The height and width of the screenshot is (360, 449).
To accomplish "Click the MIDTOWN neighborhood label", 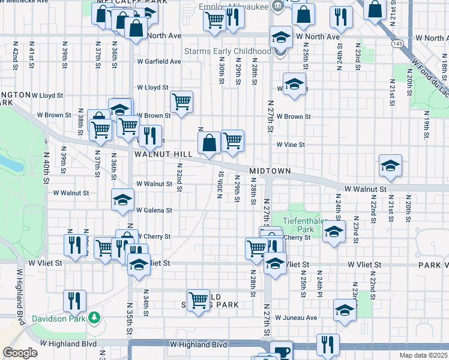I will [270, 171].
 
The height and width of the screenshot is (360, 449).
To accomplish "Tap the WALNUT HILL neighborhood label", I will [163, 154].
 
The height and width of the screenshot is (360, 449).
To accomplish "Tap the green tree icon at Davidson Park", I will [94, 317].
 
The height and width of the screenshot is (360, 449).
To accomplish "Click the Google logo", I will [20, 353].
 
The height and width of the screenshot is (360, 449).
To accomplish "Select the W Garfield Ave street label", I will [158, 62].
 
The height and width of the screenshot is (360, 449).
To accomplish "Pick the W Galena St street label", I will [154, 211].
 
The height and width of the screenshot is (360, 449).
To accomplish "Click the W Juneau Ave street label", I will [296, 317].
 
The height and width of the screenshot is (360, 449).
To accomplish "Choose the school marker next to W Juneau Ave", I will [345, 310].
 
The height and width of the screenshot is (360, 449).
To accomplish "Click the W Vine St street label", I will [291, 145].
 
